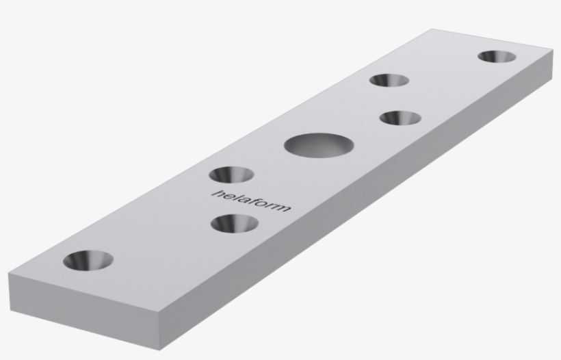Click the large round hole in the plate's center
click(319, 145)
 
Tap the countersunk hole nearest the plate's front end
click(88, 260)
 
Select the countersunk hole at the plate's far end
click(497, 56)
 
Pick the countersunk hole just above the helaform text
click(231, 175)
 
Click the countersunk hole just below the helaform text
click(235, 222)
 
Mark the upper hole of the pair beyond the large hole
click(389, 80)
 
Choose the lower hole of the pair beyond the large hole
click(400, 118)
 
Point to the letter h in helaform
click(218, 193)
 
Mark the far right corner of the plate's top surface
click(552, 50)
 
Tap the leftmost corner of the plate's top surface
click(9, 276)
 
